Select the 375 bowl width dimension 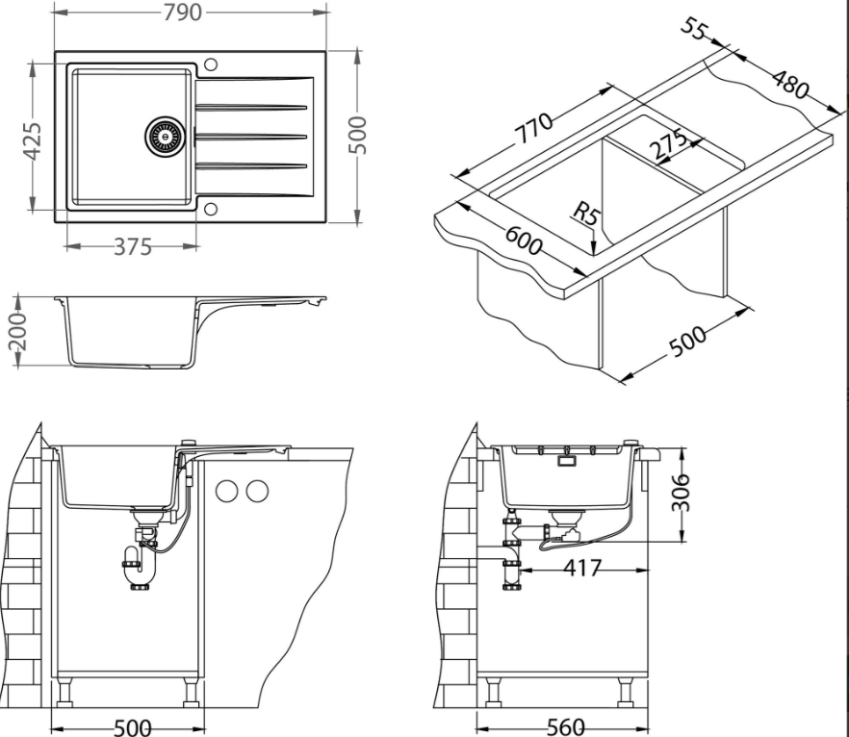point(132,247)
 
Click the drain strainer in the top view point(164,137)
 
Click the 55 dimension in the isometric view point(694,29)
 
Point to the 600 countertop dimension point(523,241)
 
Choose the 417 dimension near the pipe point(583,570)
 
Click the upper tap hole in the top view point(212,65)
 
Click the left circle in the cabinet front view point(227,492)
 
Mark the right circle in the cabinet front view point(257,492)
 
